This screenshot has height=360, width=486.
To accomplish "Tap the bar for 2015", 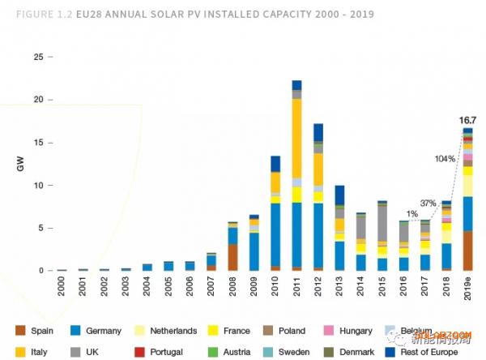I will pos(382,235).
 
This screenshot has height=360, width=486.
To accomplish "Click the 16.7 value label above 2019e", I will pos(467,120).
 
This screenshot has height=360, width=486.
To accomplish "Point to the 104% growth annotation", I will pos(444,158).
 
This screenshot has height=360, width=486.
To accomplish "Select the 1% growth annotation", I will pos(413,213).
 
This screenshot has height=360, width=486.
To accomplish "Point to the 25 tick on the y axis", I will pos(37,58).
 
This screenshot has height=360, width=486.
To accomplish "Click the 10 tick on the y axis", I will pos(37,186).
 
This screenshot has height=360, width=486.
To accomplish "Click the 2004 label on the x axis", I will pos(147,288).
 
